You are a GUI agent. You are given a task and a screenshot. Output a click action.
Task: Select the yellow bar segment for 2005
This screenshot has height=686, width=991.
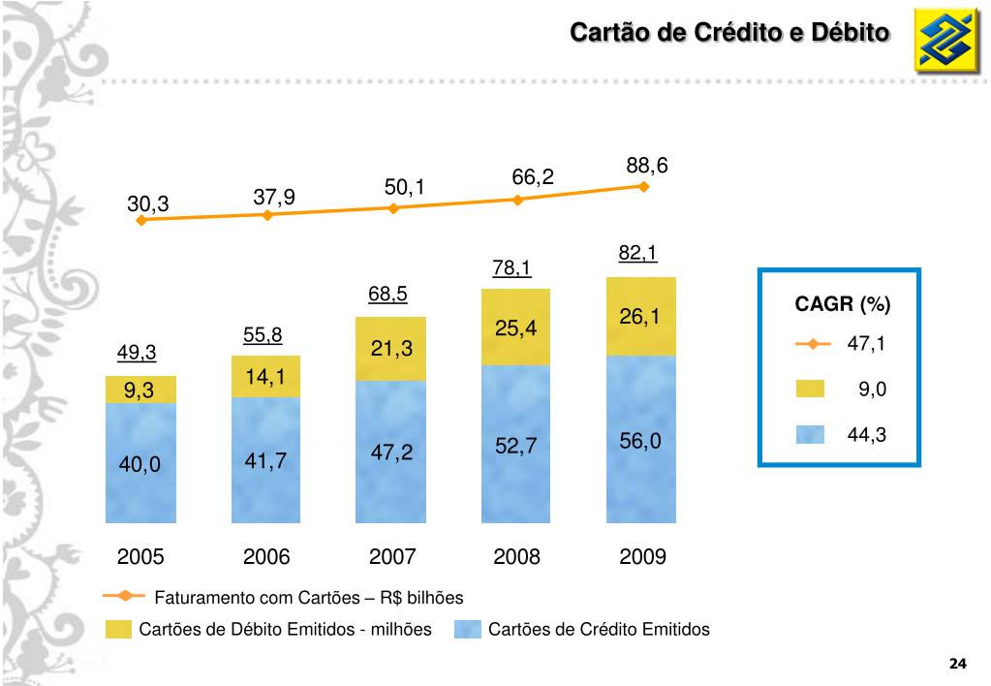click(140, 390)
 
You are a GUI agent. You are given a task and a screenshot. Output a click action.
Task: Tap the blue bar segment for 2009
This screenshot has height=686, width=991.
click(641, 437)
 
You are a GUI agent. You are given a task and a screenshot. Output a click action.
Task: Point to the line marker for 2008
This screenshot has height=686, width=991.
click(517, 200)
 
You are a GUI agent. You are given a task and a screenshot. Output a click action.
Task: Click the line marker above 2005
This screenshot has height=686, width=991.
click(141, 220)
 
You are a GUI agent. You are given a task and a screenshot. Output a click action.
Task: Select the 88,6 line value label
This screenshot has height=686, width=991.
click(647, 166)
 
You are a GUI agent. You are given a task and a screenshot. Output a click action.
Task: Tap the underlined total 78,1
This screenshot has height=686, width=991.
click(511, 268)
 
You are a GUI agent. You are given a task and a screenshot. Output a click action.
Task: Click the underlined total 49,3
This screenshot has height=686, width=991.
click(137, 353)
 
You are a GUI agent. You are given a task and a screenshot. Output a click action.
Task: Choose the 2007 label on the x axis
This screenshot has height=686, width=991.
click(392, 557)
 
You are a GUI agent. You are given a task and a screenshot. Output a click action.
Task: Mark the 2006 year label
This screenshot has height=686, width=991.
click(266, 557)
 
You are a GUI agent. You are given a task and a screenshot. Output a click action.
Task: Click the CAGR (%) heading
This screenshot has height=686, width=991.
click(842, 305)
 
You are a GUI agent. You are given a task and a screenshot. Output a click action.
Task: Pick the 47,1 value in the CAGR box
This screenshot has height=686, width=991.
click(867, 343)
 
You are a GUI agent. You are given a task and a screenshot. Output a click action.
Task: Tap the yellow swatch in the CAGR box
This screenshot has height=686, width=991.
click(810, 389)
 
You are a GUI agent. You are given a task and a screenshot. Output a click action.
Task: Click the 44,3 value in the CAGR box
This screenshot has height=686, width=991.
click(867, 435)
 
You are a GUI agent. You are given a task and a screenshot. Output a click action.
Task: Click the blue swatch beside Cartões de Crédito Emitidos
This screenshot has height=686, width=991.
click(468, 630)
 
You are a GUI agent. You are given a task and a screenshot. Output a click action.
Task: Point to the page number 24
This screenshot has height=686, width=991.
click(958, 664)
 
